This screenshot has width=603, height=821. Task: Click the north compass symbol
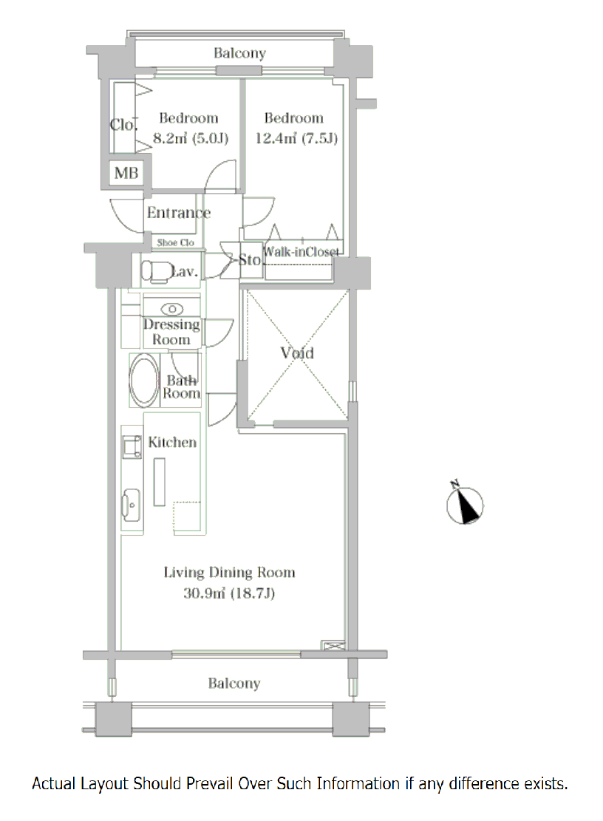pos(465,504)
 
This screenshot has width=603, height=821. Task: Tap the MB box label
pos(126,173)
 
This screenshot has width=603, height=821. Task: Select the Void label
pos(297,353)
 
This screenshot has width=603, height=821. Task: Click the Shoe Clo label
pos(175,242)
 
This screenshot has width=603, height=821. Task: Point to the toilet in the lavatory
pos(155,272)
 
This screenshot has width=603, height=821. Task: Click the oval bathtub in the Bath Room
pos(144,380)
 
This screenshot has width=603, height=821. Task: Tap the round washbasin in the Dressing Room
pos(172,309)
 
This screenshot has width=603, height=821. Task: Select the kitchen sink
pos(131,505)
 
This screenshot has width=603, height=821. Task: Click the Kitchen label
pos(172,442)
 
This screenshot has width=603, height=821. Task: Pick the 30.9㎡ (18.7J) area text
pos(229,593)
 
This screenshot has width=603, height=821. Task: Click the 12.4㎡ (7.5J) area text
pos(296,138)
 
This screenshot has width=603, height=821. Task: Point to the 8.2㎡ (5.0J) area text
pos(191,138)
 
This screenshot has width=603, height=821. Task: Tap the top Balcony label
pos(239,53)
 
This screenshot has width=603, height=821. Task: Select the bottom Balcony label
pos(234,684)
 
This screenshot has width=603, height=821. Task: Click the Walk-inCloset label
pos(301,252)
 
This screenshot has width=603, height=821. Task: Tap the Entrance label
pos(179,212)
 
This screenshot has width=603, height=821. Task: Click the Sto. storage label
pos(250,259)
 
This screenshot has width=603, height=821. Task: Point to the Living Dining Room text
pos(229,572)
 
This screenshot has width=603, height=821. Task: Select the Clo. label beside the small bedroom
pos(123,125)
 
